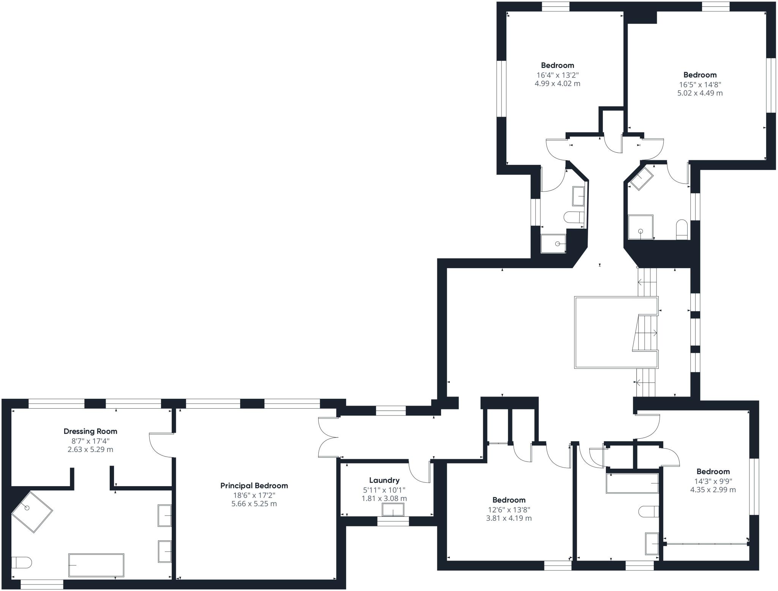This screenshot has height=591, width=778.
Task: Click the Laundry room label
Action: (384, 480)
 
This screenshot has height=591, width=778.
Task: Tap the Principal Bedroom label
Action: (254, 485)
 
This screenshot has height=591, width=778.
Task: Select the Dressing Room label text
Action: (90, 431)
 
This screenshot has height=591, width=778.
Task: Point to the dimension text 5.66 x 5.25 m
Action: (254, 504)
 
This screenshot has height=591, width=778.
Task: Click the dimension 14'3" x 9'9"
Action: (713, 480)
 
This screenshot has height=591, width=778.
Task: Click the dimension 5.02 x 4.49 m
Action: (700, 93)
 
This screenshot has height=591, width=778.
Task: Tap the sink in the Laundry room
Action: (393, 510)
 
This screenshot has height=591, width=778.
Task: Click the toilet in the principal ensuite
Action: (21, 563)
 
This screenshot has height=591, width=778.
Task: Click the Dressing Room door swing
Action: (161, 445)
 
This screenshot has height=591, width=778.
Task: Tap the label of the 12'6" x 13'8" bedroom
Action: (509, 500)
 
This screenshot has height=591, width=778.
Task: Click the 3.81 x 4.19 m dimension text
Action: (509, 518)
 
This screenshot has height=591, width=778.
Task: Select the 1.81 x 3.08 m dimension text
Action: (384, 498)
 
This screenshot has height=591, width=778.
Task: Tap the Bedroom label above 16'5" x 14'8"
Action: (700, 75)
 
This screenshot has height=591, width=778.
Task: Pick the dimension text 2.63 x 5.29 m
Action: (90, 450)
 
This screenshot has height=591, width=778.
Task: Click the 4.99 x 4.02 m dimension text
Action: (557, 84)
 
